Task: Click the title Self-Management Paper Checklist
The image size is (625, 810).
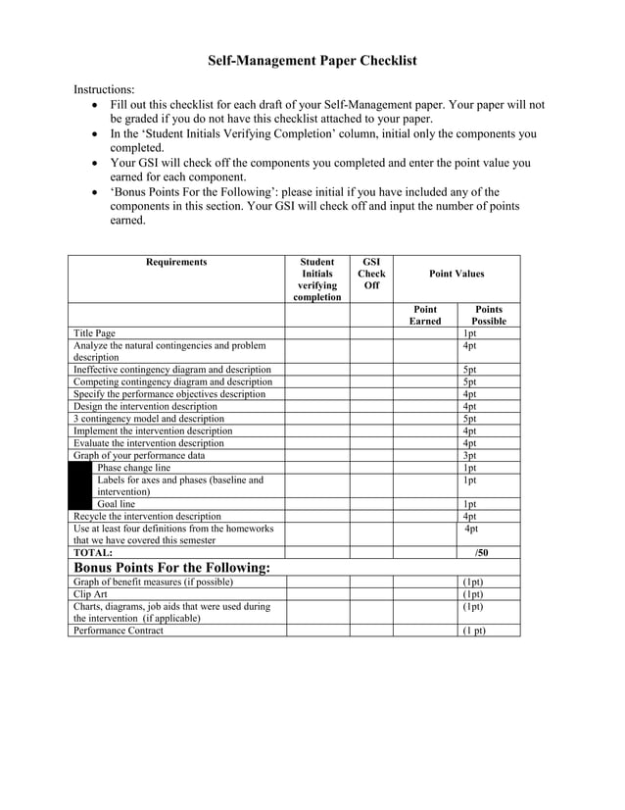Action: tap(312, 61)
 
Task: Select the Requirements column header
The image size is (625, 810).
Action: tap(176, 262)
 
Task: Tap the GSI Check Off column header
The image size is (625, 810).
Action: tap(371, 274)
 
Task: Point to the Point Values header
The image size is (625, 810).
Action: tap(456, 274)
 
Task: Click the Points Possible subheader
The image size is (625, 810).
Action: tap(488, 315)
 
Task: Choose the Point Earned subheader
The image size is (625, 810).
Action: tap(425, 315)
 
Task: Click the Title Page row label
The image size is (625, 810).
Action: tap(94, 333)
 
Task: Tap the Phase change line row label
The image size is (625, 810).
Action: tap(133, 468)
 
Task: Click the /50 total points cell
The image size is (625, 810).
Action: tap(481, 553)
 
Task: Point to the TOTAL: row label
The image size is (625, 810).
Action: tap(93, 553)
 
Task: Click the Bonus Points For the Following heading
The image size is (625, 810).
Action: tap(171, 568)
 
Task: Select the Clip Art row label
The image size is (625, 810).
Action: tap(91, 594)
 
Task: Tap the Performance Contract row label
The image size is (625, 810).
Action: tap(119, 631)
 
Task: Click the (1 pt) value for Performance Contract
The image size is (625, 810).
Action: tap(473, 631)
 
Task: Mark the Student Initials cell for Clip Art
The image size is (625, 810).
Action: tap(317, 594)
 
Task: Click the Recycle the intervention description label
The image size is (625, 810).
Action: tap(147, 516)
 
